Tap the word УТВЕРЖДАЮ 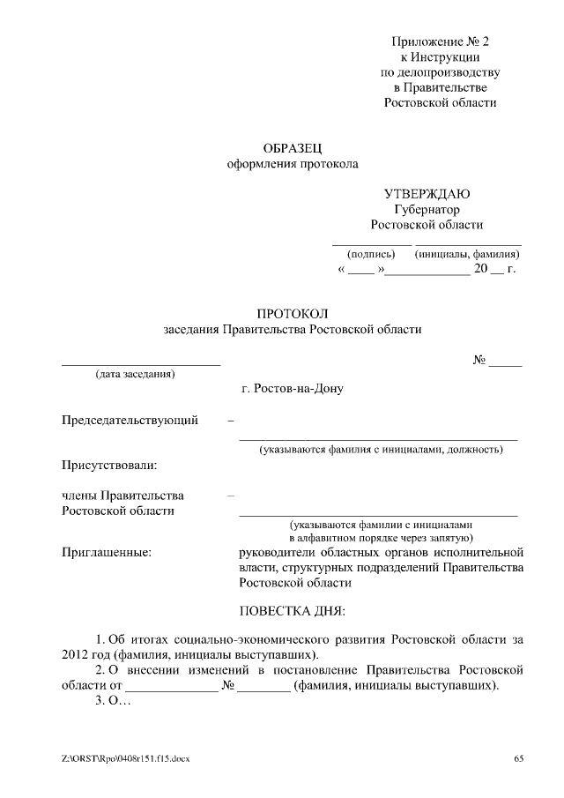click(427, 194)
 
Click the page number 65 click(519, 758)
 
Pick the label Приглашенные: click(107, 553)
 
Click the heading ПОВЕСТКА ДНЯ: click(293, 610)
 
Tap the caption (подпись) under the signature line click(371, 254)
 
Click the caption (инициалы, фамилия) click(467, 254)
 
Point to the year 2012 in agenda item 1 click(76, 655)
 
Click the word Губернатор click(427, 210)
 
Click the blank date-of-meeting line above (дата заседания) click(140, 362)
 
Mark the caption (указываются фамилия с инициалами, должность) click(380, 450)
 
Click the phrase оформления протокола click(293, 164)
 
